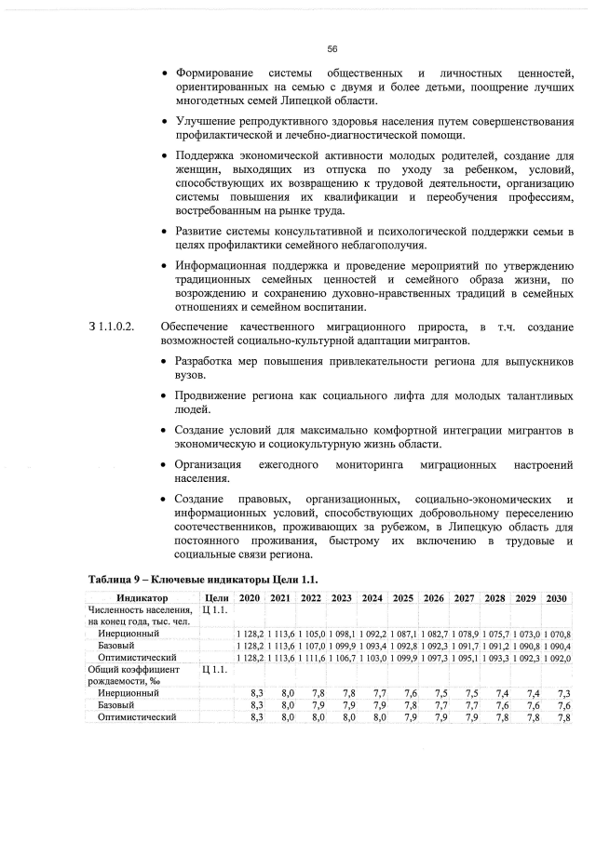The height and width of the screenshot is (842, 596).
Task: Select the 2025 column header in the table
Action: coord(403,597)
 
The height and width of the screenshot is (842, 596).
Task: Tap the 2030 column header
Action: coord(557,597)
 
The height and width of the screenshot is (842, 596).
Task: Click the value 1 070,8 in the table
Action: coord(556,634)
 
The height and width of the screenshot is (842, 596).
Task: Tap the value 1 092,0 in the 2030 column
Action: coord(556,657)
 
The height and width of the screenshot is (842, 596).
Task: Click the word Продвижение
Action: coord(212,396)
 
